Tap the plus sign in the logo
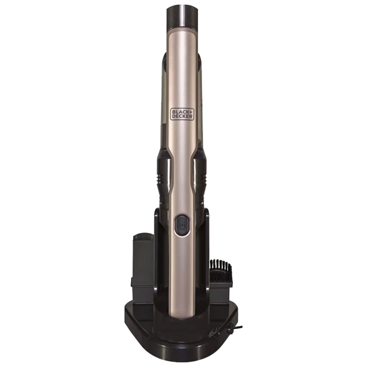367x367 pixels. [x=191, y=112]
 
